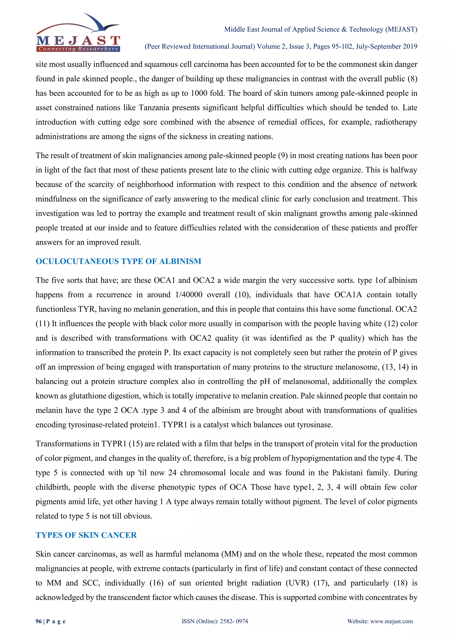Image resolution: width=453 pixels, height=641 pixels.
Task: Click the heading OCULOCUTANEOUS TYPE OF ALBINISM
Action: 118,261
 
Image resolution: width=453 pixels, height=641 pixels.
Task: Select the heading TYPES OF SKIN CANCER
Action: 86,535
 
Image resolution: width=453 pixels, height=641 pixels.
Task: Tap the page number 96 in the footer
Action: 38,621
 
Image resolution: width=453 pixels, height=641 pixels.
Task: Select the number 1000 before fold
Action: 199,93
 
